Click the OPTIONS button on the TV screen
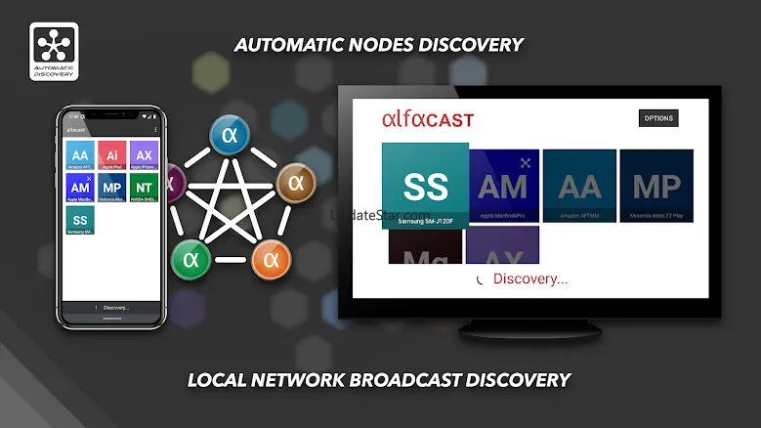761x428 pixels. coord(657,118)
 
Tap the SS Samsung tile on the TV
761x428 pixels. coord(424,186)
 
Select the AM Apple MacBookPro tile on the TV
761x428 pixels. coord(504,186)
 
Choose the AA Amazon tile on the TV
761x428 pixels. coord(579,186)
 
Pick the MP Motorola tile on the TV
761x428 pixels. coord(656,186)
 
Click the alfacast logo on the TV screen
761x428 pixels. coord(427,120)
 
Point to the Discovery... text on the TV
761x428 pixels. coord(529,279)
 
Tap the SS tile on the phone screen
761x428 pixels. coord(81,220)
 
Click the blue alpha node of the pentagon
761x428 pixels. coord(231,135)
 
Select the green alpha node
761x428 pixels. coord(190,259)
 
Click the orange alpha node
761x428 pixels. coord(272,259)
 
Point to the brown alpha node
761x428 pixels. coord(296,182)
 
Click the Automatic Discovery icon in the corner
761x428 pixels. coord(54,51)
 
